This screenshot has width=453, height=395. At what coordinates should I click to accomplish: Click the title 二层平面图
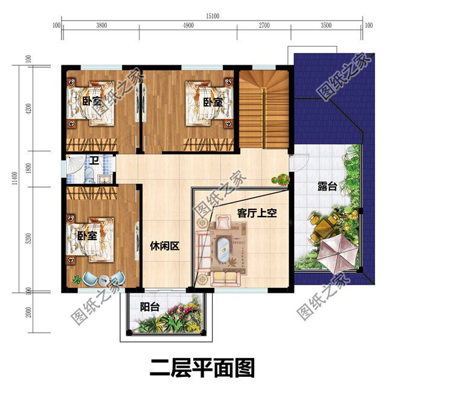[202, 368]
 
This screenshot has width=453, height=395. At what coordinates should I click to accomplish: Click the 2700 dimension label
[264, 25]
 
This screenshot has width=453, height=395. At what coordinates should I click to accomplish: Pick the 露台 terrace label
[327, 187]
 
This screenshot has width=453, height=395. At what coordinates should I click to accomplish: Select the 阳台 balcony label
[150, 307]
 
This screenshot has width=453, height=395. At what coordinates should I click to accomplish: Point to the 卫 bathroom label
[94, 161]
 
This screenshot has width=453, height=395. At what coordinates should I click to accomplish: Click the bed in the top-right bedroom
[208, 102]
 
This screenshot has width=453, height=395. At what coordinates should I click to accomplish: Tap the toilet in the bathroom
[89, 176]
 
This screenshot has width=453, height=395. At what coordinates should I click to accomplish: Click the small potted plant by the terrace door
[280, 179]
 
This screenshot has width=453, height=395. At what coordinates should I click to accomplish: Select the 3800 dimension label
[101, 25]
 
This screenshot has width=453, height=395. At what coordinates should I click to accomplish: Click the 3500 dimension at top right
[326, 25]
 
